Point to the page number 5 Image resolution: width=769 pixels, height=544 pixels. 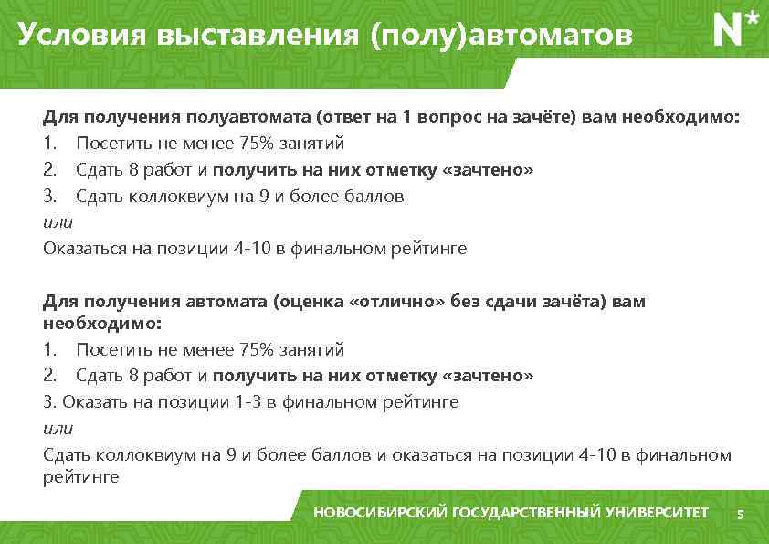741,515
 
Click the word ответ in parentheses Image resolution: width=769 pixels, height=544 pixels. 348,118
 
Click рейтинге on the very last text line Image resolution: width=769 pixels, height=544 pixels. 80,476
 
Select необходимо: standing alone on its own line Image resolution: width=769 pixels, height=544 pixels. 102,324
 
